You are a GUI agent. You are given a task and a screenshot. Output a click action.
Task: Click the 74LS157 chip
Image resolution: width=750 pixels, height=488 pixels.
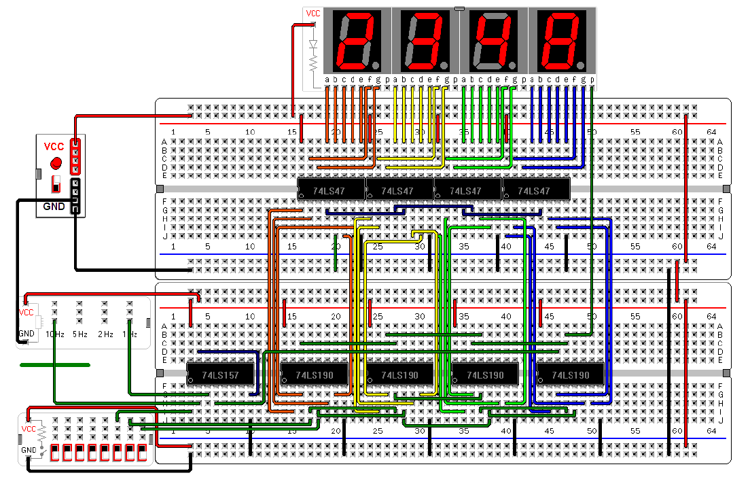(220, 374)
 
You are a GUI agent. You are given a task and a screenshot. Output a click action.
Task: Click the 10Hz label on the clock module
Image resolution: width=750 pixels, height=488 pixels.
(54, 334)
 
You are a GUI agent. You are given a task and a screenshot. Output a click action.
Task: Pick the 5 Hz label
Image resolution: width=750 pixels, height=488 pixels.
(79, 334)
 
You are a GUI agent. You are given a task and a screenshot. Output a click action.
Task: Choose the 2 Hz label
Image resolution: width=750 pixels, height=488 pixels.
(105, 334)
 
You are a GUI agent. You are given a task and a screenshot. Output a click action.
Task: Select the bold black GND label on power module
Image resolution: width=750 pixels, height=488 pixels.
(54, 206)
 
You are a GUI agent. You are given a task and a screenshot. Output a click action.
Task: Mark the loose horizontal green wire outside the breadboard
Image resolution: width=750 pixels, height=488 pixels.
(54, 365)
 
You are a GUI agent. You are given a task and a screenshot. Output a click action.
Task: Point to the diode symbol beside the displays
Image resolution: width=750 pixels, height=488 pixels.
(313, 45)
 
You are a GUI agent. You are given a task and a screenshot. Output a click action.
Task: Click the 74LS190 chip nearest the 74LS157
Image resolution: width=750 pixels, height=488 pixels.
(314, 374)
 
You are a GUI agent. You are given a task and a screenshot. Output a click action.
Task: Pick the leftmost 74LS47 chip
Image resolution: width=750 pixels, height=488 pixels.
(331, 191)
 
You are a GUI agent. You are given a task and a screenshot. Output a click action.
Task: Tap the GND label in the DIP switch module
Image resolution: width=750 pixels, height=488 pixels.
(28, 450)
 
